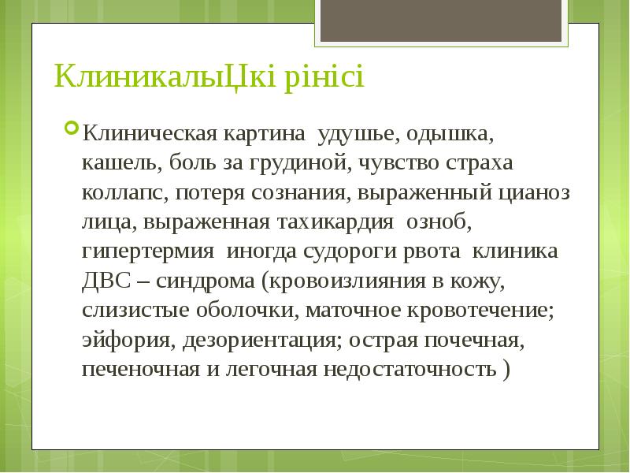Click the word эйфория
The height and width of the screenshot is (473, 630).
[x=127, y=341]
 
